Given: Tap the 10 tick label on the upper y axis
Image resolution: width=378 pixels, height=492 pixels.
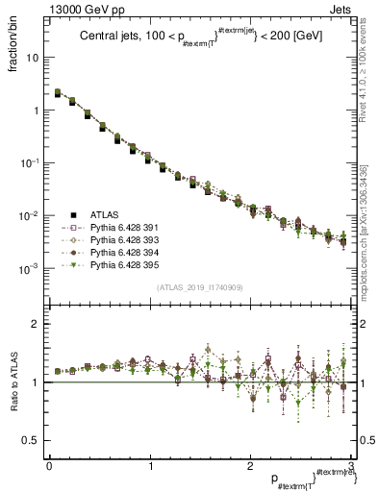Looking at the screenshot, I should (x=33, y=58).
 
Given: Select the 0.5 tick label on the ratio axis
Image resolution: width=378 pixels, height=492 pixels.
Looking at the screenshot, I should (x=33, y=440).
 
